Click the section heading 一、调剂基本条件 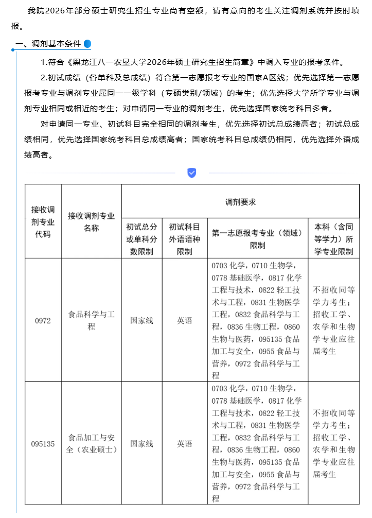point(48,44)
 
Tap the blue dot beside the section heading point(87,44)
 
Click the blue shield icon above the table point(191,173)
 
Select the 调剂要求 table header point(240,202)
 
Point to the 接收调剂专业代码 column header point(43,221)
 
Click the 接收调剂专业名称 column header point(91,221)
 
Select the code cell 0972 point(43,320)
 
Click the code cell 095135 point(43,444)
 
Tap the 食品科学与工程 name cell point(91,320)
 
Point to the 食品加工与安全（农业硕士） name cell point(91,444)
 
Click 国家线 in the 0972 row point(141,320)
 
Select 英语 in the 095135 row point(185,444)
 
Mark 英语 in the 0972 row point(185,320)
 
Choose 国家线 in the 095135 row point(141,444)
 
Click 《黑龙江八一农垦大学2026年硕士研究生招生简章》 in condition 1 point(160,62)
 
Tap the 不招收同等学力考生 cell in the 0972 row point(333,320)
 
